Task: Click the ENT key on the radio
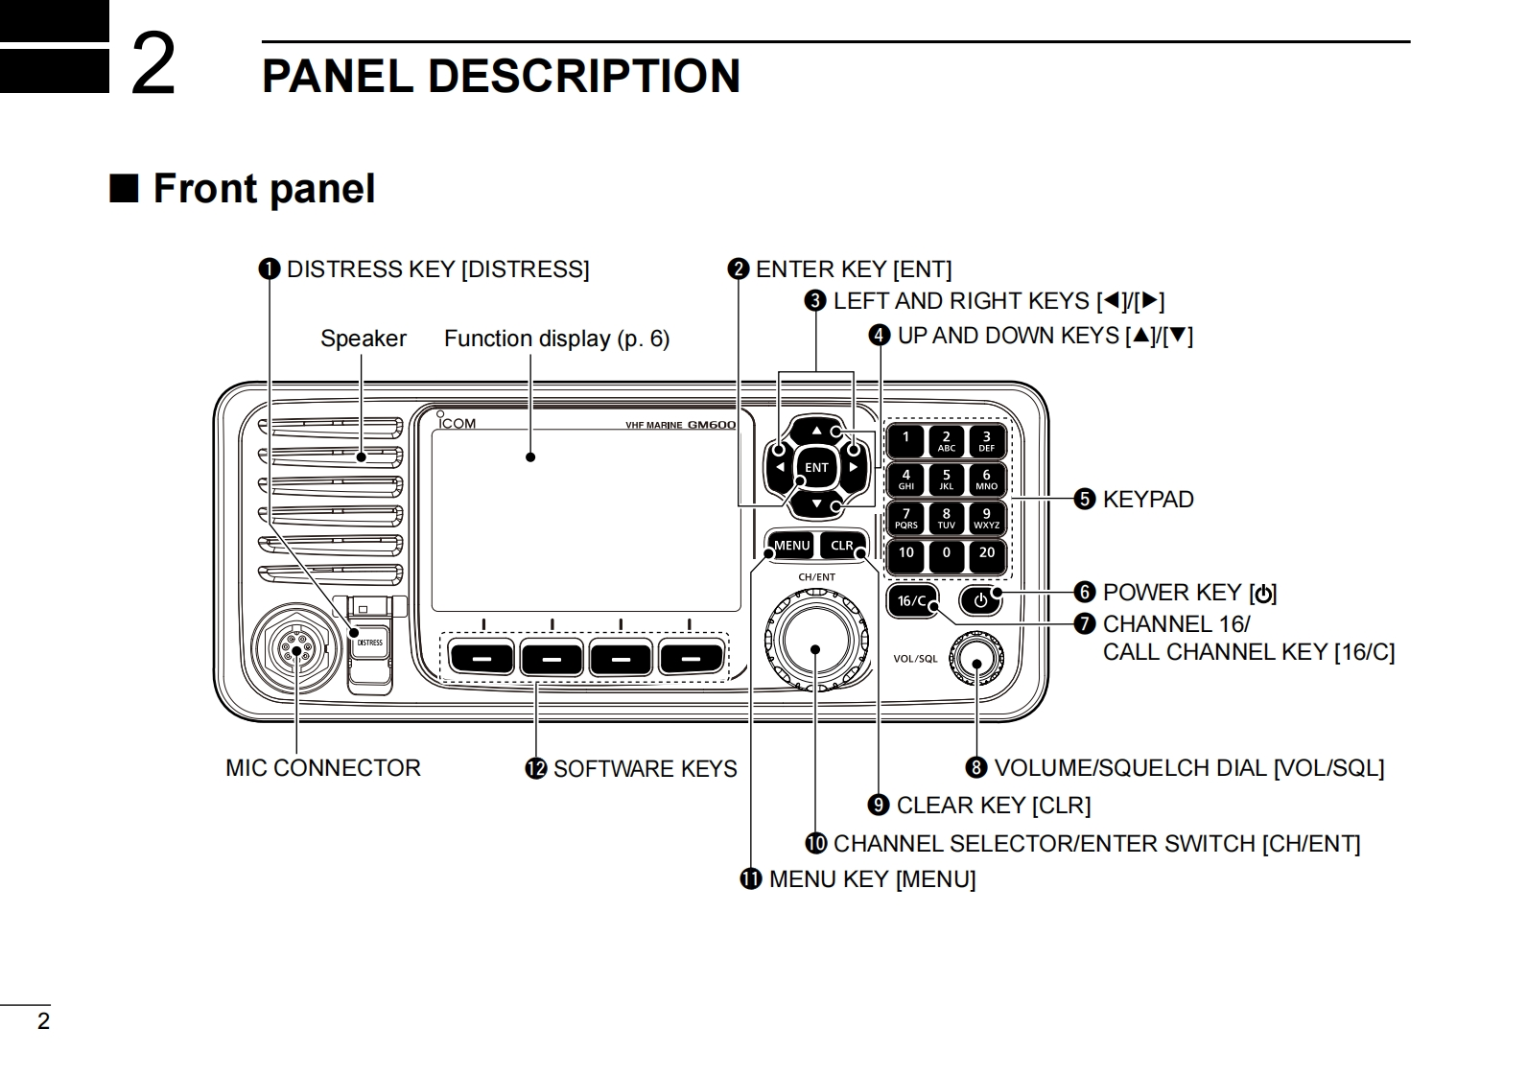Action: [x=816, y=467]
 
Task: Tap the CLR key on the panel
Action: [x=842, y=545]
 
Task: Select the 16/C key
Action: [x=912, y=601]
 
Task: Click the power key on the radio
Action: [x=980, y=600]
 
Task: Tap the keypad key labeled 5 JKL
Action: [x=946, y=480]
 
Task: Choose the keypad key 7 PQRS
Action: [x=906, y=518]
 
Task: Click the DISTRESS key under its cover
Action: [x=369, y=643]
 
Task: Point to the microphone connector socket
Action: [x=295, y=649]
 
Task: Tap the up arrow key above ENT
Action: [x=816, y=431]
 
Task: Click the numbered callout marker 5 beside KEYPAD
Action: [x=1085, y=499]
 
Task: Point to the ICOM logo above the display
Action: [x=456, y=422]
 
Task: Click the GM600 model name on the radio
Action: [x=711, y=425]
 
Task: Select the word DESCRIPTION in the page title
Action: [x=583, y=76]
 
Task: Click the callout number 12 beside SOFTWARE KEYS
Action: [x=536, y=769]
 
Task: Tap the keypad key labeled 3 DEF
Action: [x=986, y=441]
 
